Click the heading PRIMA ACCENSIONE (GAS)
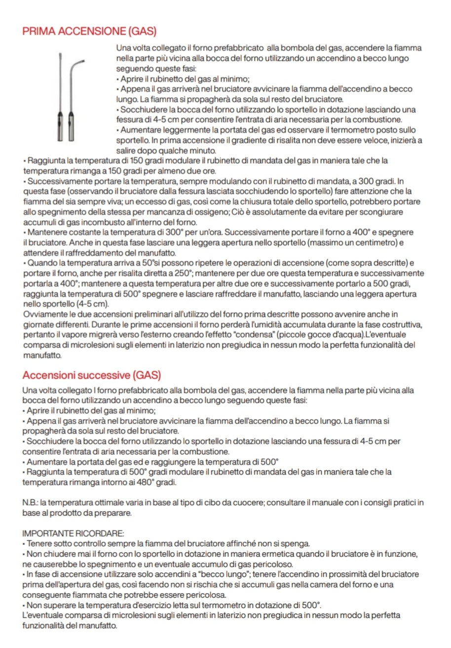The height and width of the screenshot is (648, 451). (89, 32)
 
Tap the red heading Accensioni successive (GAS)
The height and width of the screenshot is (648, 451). (91, 375)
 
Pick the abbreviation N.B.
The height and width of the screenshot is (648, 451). (30, 503)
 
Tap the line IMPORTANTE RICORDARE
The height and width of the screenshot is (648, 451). (74, 533)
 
